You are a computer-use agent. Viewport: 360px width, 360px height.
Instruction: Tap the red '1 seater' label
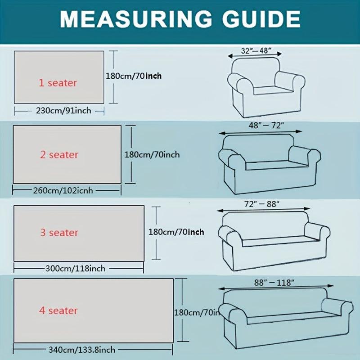[x=58, y=83]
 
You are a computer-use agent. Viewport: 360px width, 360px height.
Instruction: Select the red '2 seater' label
[x=59, y=155]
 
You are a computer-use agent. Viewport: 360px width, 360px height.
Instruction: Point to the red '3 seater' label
[x=59, y=233]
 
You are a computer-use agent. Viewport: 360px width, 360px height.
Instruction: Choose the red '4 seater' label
[x=58, y=310]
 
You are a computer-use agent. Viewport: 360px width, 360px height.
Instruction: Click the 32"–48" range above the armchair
[x=255, y=51]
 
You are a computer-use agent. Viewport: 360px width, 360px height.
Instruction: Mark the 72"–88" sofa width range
[x=262, y=204]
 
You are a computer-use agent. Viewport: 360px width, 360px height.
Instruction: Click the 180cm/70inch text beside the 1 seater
[x=134, y=76]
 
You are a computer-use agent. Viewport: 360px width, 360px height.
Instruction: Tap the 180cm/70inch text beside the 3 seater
[x=176, y=232]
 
